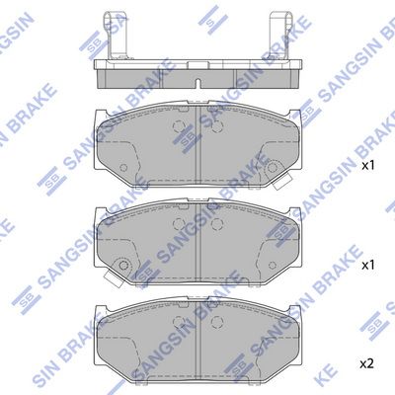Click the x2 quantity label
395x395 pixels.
tap(365, 364)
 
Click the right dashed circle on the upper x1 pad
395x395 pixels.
tap(219, 128)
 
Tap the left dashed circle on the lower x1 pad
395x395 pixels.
tap(179, 226)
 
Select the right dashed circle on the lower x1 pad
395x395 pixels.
tap(219, 226)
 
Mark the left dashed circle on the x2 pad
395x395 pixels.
tap(179, 325)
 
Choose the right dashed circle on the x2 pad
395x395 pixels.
tap(219, 325)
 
